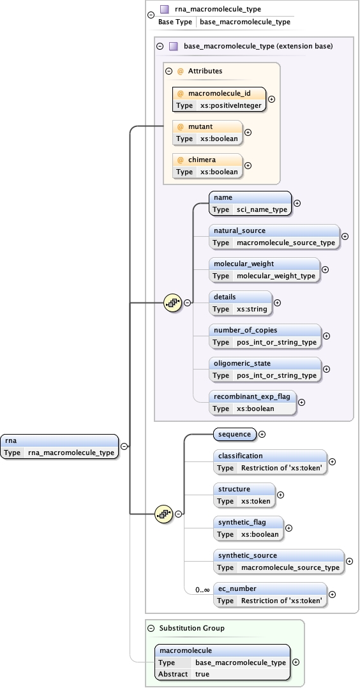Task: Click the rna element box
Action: click(x=59, y=447)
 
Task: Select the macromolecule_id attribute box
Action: click(x=219, y=100)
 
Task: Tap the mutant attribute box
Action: click(x=207, y=132)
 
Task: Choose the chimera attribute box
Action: click(x=207, y=165)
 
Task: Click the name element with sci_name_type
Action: click(x=250, y=204)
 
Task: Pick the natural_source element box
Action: click(x=274, y=236)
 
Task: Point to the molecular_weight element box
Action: click(x=264, y=269)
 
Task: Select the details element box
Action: click(x=240, y=303)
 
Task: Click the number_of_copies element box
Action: click(x=265, y=336)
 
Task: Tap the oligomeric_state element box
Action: click(x=265, y=369)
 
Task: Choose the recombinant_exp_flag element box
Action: click(x=253, y=402)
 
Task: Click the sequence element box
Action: click(x=234, y=434)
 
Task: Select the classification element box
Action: click(x=270, y=461)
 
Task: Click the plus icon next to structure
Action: click(x=280, y=495)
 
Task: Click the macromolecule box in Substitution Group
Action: click(x=222, y=662)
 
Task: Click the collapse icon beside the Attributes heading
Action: click(x=169, y=71)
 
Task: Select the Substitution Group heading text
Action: click(x=191, y=628)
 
